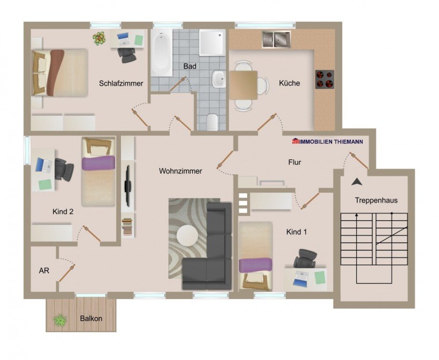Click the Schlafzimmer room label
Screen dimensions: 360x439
121,84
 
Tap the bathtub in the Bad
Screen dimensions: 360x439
161,53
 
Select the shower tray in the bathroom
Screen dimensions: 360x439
212,42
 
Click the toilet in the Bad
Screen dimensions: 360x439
212,122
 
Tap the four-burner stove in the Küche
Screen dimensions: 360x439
324,79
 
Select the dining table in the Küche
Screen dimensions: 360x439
243,85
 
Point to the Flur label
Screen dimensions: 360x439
295,162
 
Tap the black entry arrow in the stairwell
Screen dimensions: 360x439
356,181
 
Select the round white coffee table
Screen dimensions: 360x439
187,235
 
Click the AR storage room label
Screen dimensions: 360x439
44,270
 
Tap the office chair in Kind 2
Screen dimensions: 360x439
63,168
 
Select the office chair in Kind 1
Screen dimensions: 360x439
304,259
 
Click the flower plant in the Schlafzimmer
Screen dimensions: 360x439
99,38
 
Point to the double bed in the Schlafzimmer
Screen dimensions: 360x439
60,73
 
